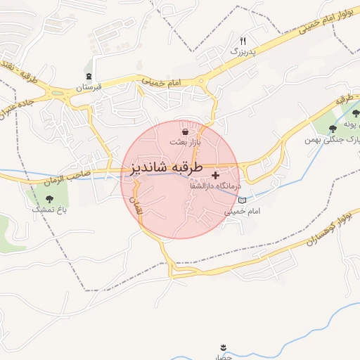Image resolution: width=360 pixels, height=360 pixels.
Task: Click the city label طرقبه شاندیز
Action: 166,169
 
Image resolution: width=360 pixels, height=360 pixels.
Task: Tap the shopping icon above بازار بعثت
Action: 184,131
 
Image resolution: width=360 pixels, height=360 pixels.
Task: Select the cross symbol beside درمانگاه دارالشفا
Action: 215,174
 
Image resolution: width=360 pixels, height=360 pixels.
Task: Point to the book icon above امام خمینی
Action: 243,200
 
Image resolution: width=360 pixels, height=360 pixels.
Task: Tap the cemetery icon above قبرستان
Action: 89,76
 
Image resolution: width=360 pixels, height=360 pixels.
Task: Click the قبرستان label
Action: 89,87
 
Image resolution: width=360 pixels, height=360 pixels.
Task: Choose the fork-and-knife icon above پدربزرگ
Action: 243,41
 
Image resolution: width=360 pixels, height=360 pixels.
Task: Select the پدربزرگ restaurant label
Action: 244,51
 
